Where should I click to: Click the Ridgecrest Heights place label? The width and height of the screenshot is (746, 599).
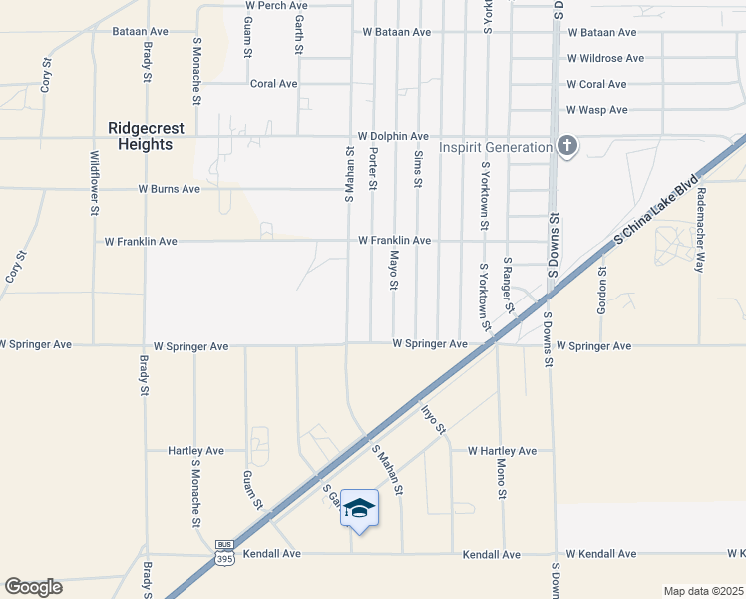coord(141,136)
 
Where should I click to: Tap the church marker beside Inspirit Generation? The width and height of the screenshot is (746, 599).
coord(567,147)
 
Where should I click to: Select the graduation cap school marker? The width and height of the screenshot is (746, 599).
coord(359,509)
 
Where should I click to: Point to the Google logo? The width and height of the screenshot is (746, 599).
coord(33,587)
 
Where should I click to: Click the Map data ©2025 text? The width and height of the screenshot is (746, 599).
coord(704,591)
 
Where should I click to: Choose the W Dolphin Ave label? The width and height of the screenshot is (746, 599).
coord(394,136)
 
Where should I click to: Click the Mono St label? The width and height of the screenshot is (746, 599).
coord(504,478)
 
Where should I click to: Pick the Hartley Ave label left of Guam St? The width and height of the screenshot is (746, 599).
coord(195,451)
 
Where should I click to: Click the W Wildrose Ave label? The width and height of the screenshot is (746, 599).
coord(605,59)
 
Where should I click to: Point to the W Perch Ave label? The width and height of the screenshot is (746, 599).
coord(276,6)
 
